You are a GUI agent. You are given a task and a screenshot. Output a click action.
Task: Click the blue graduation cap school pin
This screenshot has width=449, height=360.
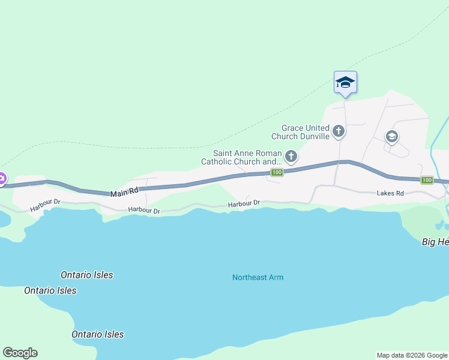point(345,82)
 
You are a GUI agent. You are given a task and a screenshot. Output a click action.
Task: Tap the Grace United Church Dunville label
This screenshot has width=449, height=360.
point(306,132)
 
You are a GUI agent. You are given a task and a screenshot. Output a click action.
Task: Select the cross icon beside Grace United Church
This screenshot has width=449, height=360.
point(339,131)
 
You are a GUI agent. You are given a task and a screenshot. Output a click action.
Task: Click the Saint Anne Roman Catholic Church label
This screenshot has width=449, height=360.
point(241,157)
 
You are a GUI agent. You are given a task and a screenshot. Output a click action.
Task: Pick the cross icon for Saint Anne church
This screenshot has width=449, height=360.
point(291,157)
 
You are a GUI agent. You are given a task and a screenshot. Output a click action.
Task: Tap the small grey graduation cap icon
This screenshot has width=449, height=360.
point(392,137)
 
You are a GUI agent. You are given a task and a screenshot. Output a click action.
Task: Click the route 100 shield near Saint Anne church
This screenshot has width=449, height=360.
point(276,173)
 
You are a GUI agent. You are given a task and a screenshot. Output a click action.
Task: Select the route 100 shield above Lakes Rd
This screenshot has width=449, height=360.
point(427,180)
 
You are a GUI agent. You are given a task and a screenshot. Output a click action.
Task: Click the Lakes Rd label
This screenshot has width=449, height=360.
point(390,194)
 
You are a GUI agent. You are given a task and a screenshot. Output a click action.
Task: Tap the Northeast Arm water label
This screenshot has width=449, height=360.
point(258,277)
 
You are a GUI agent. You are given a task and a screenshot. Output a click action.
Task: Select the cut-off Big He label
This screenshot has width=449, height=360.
point(435,242)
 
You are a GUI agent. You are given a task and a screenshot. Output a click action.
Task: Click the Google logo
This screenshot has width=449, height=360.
point(20,353)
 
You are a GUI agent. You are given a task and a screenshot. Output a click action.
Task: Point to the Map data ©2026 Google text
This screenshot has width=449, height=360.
point(412,355)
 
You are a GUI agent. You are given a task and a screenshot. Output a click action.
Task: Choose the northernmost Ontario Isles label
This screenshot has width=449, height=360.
point(86,275)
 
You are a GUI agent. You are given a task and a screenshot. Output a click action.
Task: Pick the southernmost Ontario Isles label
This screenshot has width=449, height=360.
point(97,334)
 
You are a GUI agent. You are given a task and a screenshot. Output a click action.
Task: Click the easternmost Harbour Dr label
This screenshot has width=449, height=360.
point(244,204)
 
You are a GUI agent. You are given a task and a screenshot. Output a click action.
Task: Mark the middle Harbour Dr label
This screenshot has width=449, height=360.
point(144,211)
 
